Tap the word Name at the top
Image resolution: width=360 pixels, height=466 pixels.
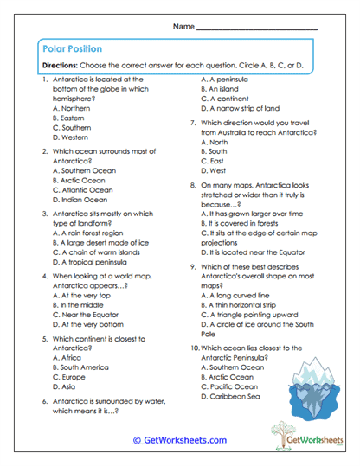183,27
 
